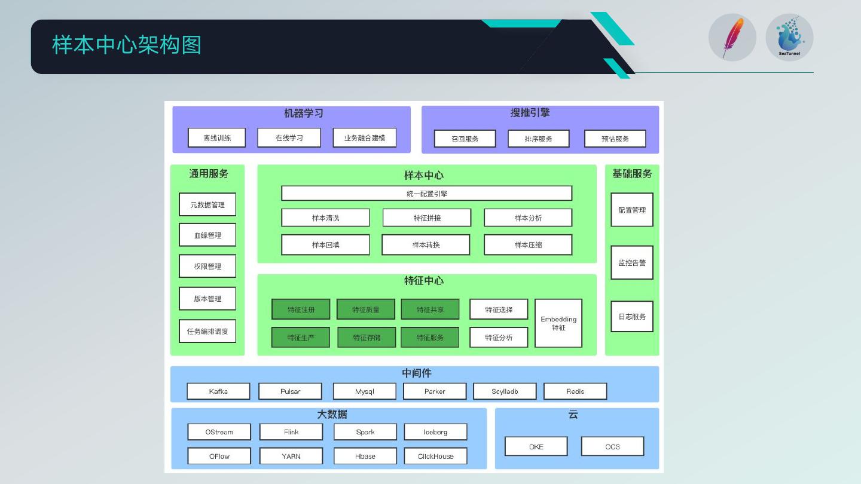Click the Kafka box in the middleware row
point(218,391)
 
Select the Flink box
point(291,432)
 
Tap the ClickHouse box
point(435,457)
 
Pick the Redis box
point(575,391)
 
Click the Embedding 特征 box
point(558,323)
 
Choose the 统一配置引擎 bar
point(427,194)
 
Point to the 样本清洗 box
point(325,218)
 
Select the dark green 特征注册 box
point(301,310)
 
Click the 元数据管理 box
point(207,205)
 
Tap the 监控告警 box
point(632,263)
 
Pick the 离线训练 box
point(217,138)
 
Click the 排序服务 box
point(539,139)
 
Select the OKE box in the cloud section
point(536,447)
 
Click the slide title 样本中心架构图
point(127,45)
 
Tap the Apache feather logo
point(732,38)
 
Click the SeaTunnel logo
point(789,38)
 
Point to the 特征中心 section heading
point(423,281)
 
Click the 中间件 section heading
point(417,373)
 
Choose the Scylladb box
point(505,391)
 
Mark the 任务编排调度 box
point(207,331)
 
